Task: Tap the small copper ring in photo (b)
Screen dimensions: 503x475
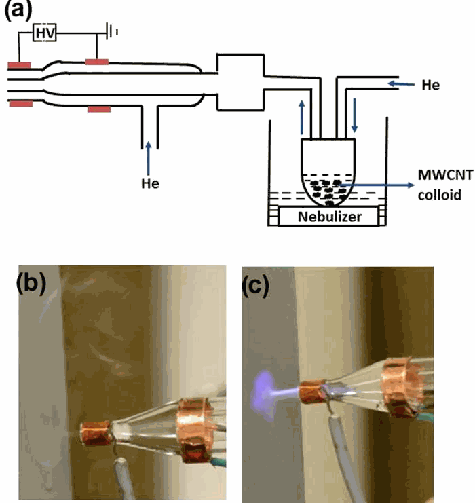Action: (96, 432)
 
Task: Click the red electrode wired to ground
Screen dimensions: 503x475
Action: (97, 62)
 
